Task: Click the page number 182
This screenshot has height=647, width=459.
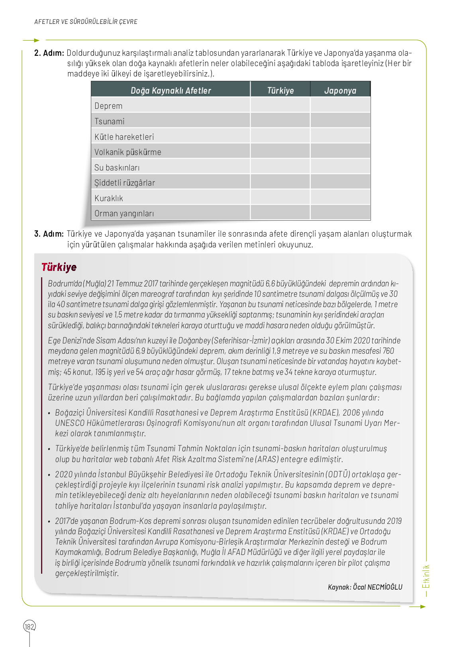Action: click(29, 627)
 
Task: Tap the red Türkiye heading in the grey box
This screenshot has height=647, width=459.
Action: click(59, 267)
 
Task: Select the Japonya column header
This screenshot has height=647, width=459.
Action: click(340, 90)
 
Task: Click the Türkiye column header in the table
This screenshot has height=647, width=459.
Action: click(280, 90)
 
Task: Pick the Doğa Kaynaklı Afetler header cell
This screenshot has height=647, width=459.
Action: click(171, 90)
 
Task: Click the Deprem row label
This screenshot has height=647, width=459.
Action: click(108, 106)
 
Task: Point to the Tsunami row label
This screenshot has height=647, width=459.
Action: click(110, 122)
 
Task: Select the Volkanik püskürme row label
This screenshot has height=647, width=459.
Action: click(128, 152)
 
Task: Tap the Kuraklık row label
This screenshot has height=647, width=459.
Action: click(109, 198)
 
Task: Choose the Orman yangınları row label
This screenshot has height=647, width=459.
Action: click(124, 214)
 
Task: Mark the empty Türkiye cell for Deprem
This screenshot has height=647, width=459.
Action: click(280, 106)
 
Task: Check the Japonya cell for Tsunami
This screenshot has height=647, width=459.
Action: click(340, 121)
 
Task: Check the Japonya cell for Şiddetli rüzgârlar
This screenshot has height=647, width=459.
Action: click(340, 182)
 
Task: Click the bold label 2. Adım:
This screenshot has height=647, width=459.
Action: click(49, 53)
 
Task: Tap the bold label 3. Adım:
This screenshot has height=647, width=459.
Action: click(49, 234)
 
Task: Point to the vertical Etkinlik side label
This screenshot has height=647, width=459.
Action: click(426, 576)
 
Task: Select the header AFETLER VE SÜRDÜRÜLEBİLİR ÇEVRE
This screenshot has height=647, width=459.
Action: click(86, 22)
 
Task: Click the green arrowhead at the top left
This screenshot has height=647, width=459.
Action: click(37, 40)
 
